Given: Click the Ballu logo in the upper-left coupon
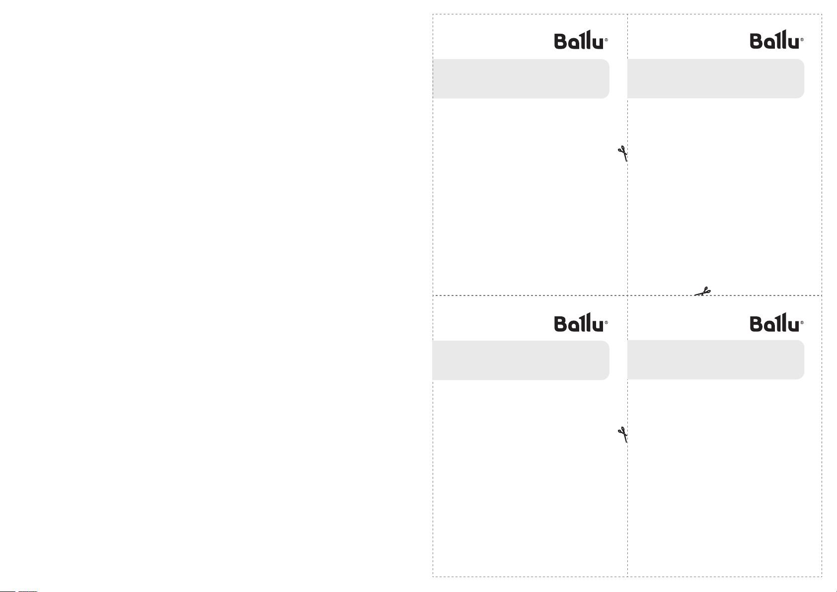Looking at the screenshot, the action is [x=581, y=40].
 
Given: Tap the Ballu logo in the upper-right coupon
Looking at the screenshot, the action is [x=776, y=39].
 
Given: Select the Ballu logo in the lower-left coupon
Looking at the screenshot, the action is [x=581, y=322].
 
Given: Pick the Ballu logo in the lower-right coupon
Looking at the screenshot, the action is [x=776, y=322].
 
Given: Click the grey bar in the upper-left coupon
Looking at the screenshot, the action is [x=521, y=79].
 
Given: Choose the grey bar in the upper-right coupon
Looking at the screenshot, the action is [x=716, y=78].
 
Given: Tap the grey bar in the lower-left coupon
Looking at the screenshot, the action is [x=521, y=361].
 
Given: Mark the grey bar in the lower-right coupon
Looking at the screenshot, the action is [x=716, y=360].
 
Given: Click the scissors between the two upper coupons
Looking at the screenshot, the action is [x=622, y=153].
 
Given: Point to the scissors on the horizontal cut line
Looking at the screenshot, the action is [x=702, y=292].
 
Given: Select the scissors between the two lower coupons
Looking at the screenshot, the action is [x=622, y=435].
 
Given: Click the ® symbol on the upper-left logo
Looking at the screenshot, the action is [x=607, y=40].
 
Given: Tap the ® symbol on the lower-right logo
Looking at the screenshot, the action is [x=802, y=323].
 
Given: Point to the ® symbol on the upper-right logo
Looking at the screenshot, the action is [x=802, y=39].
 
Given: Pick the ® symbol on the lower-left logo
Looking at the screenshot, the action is [x=607, y=323].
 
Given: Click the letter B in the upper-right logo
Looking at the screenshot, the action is [x=756, y=41].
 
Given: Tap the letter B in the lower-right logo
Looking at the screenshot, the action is [x=756, y=324].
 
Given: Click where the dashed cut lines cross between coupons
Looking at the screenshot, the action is [x=627, y=296].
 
